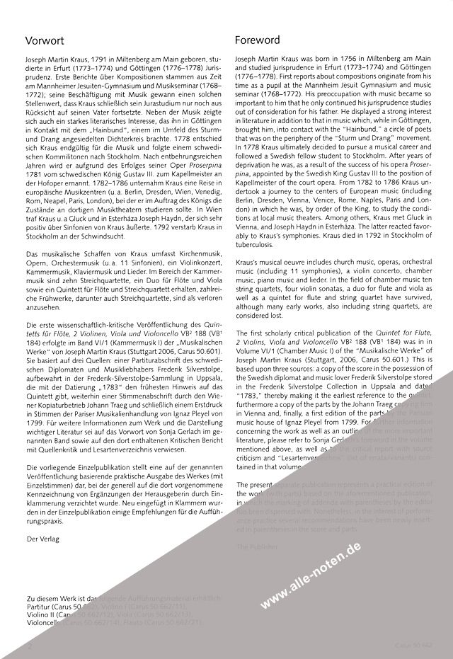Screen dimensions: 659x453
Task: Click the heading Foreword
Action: click(257, 40)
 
